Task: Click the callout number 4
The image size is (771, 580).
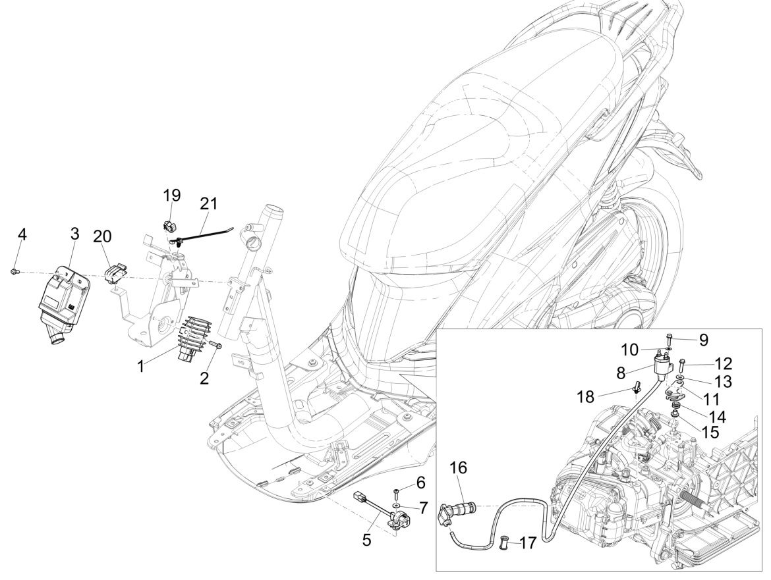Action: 22,235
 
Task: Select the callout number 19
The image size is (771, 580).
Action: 172,196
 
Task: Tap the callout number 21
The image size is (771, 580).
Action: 209,204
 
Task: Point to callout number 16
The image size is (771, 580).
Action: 459,468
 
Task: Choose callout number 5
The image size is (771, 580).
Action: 367,540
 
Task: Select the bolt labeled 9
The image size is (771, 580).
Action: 668,340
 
